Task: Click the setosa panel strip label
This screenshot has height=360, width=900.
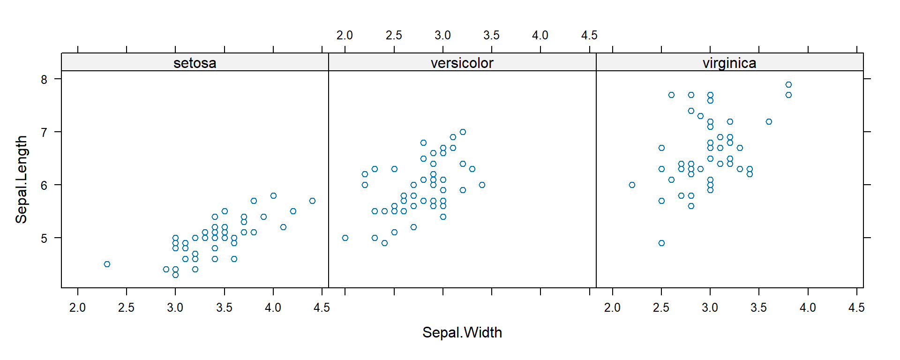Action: pyautogui.click(x=195, y=63)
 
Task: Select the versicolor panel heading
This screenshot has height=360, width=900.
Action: pyautogui.click(x=462, y=63)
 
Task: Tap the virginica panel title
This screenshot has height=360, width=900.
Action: pyautogui.click(x=729, y=63)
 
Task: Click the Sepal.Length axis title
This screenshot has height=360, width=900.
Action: pyautogui.click(x=22, y=180)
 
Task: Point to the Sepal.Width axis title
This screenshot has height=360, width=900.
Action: pyautogui.click(x=462, y=332)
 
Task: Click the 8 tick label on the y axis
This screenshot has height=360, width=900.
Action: pyautogui.click(x=44, y=79)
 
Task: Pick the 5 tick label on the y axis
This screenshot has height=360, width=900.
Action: pyautogui.click(x=44, y=238)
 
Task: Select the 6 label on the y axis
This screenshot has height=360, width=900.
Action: pyautogui.click(x=44, y=185)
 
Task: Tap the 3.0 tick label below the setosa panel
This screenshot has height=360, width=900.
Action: pyautogui.click(x=175, y=307)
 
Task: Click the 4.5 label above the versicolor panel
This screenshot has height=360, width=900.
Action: pyautogui.click(x=589, y=35)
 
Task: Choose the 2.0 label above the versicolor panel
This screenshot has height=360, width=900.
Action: pyautogui.click(x=345, y=35)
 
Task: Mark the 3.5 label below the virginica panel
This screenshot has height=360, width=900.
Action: pyautogui.click(x=758, y=307)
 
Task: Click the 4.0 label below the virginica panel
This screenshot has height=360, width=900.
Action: pyautogui.click(x=808, y=307)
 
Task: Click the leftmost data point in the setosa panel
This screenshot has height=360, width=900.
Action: pyautogui.click(x=107, y=264)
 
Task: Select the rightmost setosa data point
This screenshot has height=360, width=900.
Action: pyautogui.click(x=312, y=201)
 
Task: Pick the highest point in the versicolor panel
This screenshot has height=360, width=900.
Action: pyautogui.click(x=463, y=132)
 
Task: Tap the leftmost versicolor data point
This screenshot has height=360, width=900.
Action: pyautogui.click(x=345, y=238)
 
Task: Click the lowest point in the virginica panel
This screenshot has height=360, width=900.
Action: pyautogui.click(x=661, y=243)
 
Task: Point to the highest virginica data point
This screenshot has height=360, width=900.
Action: pyautogui.click(x=788, y=85)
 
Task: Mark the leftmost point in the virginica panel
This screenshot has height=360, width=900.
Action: pyautogui.click(x=632, y=185)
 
